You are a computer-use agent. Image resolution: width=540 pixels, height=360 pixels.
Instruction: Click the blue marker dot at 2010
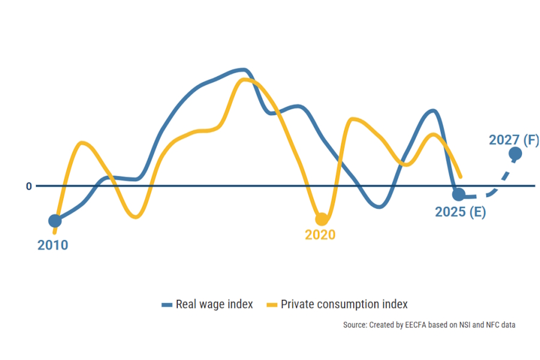(55, 221)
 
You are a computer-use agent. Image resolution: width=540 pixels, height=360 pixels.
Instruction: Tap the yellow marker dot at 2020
(322, 219)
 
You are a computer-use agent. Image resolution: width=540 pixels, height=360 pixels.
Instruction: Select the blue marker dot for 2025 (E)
(458, 194)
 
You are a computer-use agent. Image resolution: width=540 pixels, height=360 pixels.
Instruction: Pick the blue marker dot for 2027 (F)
(515, 154)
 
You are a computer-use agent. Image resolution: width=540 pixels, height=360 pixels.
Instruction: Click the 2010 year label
(53, 245)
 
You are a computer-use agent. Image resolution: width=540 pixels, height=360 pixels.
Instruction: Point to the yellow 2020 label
(320, 235)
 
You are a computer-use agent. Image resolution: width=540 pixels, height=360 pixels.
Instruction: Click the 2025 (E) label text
(460, 212)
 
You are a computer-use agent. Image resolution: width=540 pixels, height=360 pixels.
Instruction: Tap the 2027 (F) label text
(514, 140)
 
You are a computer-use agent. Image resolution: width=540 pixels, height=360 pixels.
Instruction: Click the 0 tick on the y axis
(28, 186)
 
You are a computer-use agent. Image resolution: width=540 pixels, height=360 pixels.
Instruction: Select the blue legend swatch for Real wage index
(167, 305)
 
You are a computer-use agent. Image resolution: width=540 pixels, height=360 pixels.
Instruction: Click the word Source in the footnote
(354, 325)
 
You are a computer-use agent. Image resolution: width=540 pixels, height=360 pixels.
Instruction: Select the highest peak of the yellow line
(245, 79)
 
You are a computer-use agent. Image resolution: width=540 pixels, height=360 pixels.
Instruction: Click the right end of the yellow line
(460, 176)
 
